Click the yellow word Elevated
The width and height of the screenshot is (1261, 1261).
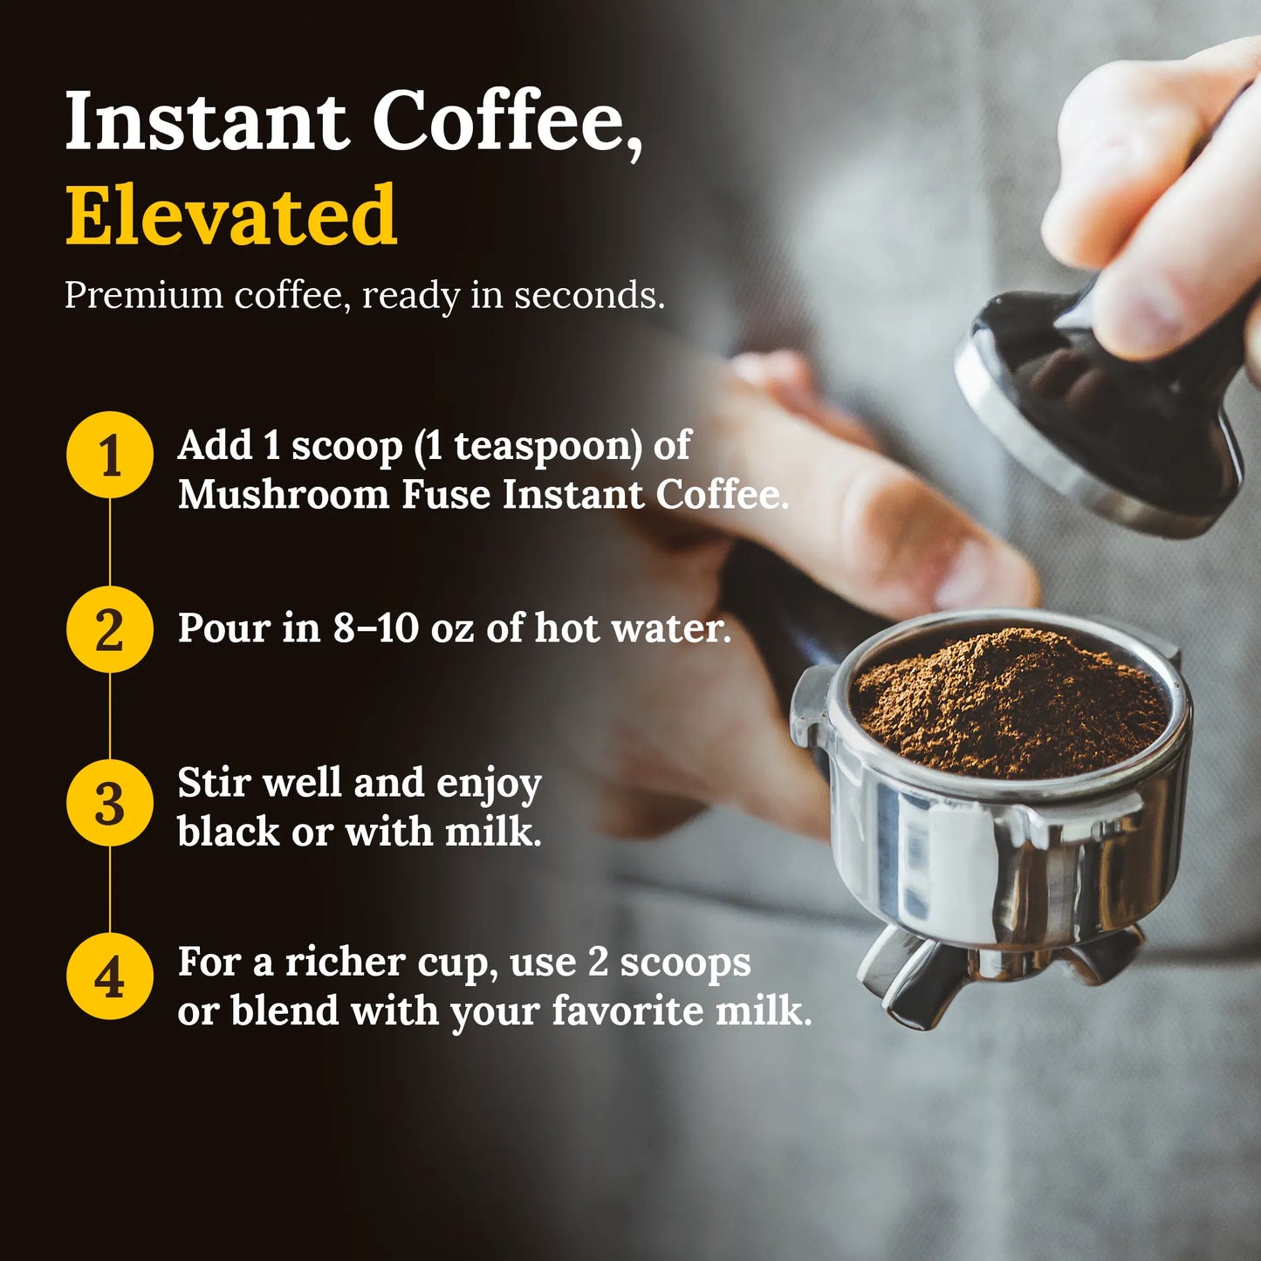[x=231, y=216]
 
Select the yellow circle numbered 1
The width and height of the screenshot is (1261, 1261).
[x=110, y=455]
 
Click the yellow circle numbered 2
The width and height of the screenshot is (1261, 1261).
[x=110, y=629]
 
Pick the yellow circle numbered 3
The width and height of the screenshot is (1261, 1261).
[x=110, y=803]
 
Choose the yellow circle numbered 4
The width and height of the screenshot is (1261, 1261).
[x=110, y=977]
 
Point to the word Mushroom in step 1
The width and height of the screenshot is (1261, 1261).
[x=283, y=495]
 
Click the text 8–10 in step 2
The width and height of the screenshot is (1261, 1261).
[x=375, y=628]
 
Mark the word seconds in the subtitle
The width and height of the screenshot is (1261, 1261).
[x=587, y=296]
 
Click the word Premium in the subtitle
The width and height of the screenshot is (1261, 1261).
[x=144, y=296]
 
